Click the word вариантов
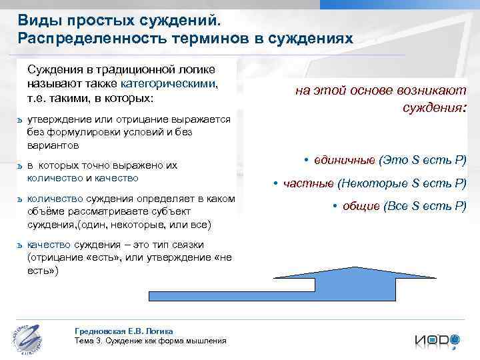[53, 145]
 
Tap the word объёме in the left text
[46, 212]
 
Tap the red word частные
[309, 183]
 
